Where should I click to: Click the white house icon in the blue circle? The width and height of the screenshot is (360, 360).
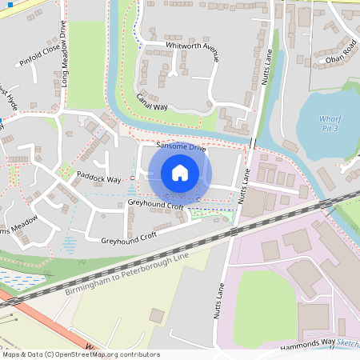coord(180,172)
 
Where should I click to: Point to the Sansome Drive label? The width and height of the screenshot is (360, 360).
coord(181,148)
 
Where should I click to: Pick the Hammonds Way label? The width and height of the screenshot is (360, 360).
coord(308,345)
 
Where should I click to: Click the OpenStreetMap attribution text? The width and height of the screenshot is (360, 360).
coord(80,354)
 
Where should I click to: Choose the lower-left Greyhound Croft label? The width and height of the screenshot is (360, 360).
coord(126,239)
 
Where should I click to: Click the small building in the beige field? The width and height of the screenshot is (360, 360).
coord(156,316)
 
